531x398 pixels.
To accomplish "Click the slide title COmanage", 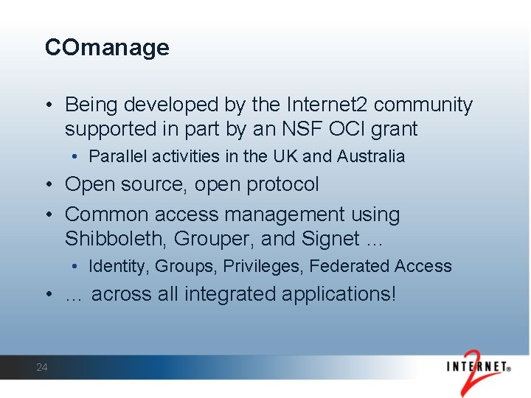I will [x=107, y=48].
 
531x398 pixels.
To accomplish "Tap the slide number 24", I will [x=42, y=367].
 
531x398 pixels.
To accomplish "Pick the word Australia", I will [x=371, y=156].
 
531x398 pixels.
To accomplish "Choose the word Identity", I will [x=118, y=266].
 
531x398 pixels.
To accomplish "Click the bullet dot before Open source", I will [x=49, y=184].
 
